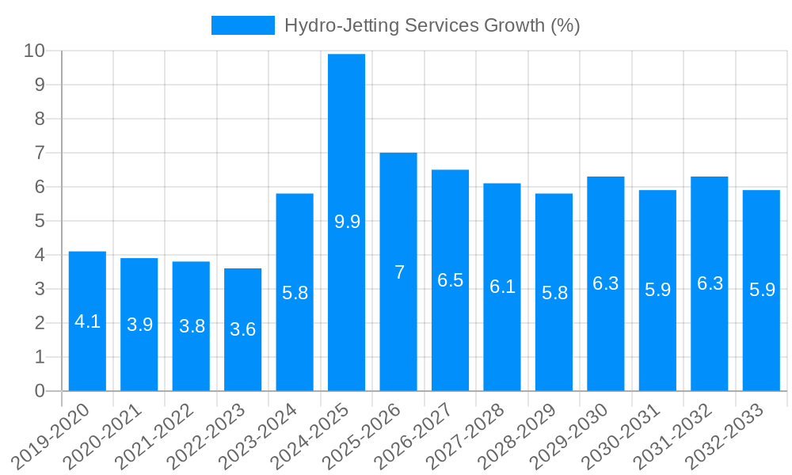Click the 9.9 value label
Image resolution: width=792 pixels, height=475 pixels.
[347, 222]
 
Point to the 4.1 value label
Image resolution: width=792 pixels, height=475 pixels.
[87, 321]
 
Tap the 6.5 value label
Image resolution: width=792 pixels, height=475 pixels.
[451, 280]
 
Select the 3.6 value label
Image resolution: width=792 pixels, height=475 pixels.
[243, 329]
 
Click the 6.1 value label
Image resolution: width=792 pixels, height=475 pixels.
[502, 287]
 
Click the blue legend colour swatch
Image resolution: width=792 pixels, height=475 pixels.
[242, 25]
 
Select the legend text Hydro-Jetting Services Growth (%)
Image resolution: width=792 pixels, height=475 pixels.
[432, 25]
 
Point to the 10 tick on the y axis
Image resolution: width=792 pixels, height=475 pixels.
[35, 51]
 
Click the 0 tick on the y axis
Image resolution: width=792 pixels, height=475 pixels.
[40, 391]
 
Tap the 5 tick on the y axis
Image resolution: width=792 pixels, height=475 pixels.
[40, 221]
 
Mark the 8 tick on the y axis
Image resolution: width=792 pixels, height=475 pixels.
[40, 119]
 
